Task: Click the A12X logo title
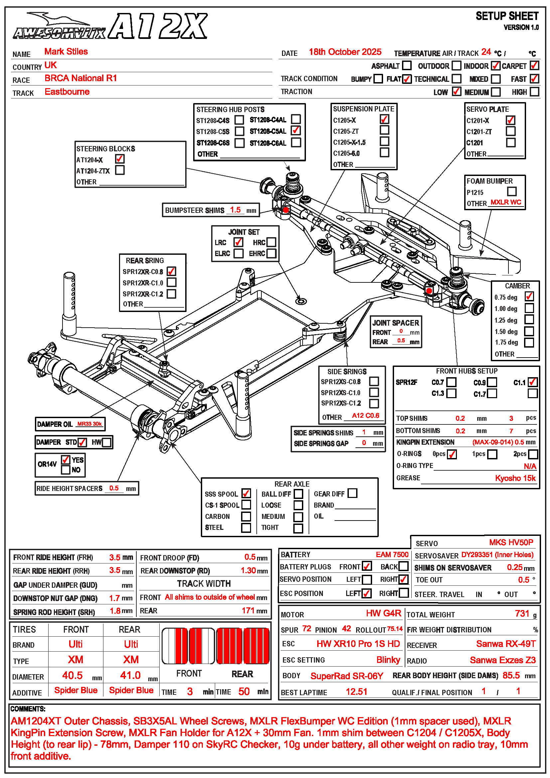pyautogui.click(x=158, y=26)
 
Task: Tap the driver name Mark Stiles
pyautogui.click(x=66, y=52)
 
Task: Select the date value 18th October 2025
pyautogui.click(x=345, y=52)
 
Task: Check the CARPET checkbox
pyautogui.click(x=534, y=66)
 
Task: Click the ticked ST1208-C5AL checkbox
pyautogui.click(x=296, y=130)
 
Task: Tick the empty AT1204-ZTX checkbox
pyautogui.click(x=120, y=170)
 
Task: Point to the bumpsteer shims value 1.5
pyautogui.click(x=235, y=210)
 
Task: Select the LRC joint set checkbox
pyautogui.click(x=238, y=242)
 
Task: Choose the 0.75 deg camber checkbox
pyautogui.click(x=529, y=296)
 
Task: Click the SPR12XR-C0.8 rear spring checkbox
pyautogui.click(x=171, y=271)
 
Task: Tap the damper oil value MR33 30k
pyautogui.click(x=89, y=424)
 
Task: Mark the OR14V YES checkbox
pyautogui.click(x=66, y=460)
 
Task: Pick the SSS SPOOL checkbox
pyautogui.click(x=246, y=494)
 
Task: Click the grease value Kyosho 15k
pyautogui.click(x=515, y=478)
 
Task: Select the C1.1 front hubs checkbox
pyautogui.click(x=532, y=382)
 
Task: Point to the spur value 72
pyautogui.click(x=307, y=629)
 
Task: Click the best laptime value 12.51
pyautogui.click(x=356, y=692)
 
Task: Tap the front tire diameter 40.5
pyautogui.click(x=72, y=675)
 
